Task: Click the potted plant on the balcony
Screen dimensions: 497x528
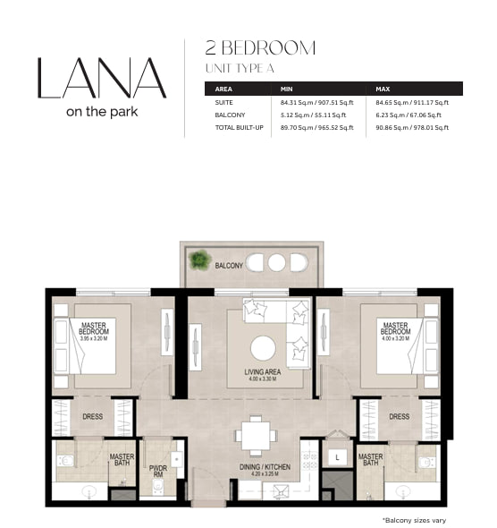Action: click(199, 260)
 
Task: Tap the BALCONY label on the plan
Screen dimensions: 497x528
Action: click(229, 266)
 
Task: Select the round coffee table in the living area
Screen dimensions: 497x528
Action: click(263, 348)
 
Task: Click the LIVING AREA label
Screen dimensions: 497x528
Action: click(263, 371)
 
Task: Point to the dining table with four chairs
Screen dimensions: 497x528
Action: click(256, 436)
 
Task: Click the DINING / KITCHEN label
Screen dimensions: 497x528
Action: click(265, 467)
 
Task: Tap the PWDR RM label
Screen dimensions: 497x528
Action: click(157, 471)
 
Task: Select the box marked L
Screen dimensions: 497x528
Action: click(337, 457)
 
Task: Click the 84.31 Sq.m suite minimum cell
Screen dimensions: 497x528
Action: click(317, 102)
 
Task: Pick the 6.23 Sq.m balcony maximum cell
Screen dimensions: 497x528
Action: click(409, 115)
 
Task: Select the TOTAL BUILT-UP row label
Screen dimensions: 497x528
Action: click(239, 127)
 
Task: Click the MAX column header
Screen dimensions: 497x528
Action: click(383, 89)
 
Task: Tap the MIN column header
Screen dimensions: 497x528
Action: click(287, 89)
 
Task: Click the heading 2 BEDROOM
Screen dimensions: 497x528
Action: click(260, 47)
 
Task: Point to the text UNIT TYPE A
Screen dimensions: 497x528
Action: click(240, 68)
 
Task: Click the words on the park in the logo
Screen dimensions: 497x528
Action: click(102, 112)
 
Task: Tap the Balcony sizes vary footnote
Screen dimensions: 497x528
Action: click(414, 520)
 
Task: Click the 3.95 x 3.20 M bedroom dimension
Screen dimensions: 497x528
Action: click(94, 338)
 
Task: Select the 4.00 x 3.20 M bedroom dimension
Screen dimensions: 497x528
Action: click(395, 338)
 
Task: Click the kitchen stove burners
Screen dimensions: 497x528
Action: click(309, 461)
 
